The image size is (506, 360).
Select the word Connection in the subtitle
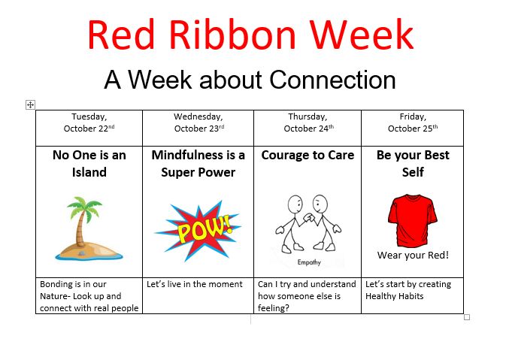[x=332, y=80]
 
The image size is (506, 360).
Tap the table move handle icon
[x=30, y=104]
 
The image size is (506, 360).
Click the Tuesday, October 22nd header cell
[x=89, y=128]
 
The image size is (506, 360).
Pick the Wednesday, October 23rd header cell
[x=198, y=128]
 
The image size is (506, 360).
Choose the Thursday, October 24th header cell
[x=308, y=128]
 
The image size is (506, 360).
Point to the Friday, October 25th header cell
[x=413, y=128]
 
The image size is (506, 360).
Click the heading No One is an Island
[x=89, y=164]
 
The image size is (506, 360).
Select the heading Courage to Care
[x=308, y=155]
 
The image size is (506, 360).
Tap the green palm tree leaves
[x=84, y=207]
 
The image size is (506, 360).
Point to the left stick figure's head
[x=295, y=204]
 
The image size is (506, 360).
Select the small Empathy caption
[x=309, y=262]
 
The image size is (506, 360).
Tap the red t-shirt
[x=413, y=220]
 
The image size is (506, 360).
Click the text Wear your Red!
[x=413, y=256]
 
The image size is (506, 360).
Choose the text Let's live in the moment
[x=194, y=284]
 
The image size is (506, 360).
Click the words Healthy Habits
[x=394, y=296]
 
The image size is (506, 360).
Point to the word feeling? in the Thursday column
[x=274, y=308]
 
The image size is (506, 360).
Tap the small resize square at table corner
[x=467, y=317]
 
